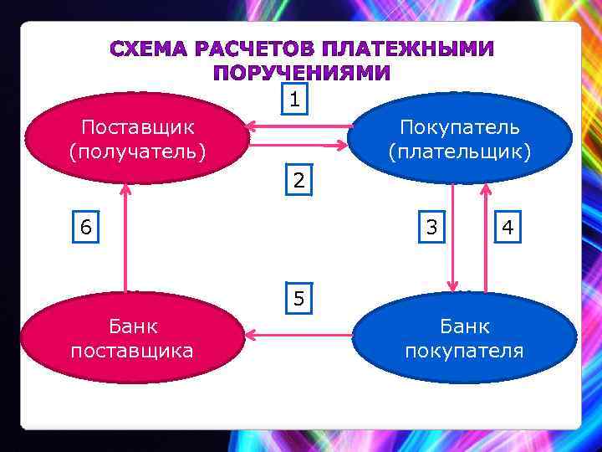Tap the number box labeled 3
[x=431, y=227]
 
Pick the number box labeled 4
[x=507, y=227]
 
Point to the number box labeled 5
[x=298, y=298]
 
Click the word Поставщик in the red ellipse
[x=138, y=127]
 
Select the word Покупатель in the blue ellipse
[x=460, y=127]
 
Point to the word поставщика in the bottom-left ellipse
[x=132, y=350]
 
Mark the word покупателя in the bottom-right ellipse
[x=465, y=350]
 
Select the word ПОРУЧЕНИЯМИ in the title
[x=301, y=73]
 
